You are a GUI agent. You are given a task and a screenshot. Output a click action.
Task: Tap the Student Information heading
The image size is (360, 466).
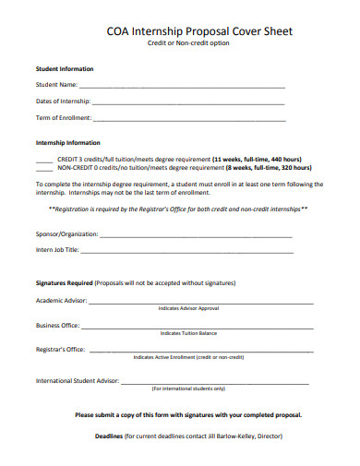click(65, 69)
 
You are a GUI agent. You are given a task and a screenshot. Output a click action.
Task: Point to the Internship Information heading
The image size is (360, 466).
click(67, 143)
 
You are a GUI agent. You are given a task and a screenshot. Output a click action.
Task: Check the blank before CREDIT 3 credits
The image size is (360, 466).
click(43, 160)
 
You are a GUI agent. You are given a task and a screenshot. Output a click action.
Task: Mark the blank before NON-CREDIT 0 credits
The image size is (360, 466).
click(43, 169)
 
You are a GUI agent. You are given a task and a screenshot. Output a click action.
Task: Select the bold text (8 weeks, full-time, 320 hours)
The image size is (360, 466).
click(268, 168)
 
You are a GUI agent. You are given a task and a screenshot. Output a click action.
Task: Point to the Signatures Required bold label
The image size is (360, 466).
click(64, 282)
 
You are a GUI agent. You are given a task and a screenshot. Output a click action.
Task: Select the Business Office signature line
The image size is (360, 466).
click(198, 327)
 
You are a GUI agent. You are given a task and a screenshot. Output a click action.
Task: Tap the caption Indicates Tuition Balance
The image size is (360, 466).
click(188, 333)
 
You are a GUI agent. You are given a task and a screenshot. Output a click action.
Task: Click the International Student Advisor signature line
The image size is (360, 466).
click(222, 382)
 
